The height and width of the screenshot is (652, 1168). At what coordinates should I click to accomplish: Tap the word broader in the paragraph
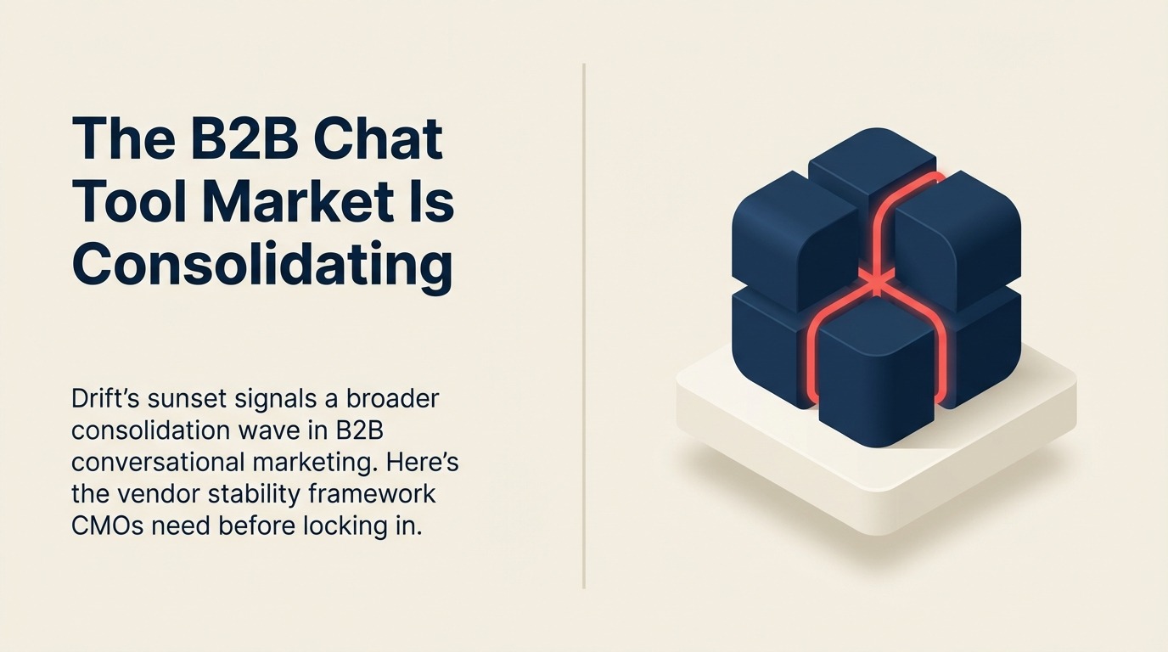coord(396,398)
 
